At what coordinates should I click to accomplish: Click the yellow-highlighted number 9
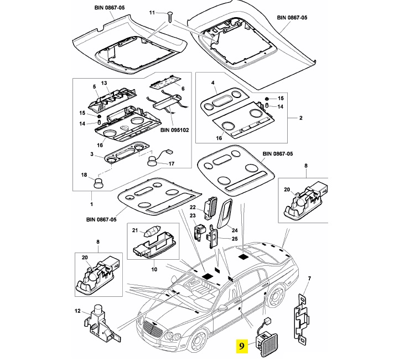coord(242,346)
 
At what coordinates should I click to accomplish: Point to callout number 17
coord(171,163)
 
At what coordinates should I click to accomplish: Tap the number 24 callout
coord(235,230)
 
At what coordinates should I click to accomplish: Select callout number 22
coord(201,207)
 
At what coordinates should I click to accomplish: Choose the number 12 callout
coord(77,312)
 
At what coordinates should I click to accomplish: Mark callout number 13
coord(103,83)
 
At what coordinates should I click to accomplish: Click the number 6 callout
coord(183,89)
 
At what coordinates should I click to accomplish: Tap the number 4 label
coord(213,83)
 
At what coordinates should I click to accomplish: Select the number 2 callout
coord(300,118)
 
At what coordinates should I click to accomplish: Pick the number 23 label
coord(193,215)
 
